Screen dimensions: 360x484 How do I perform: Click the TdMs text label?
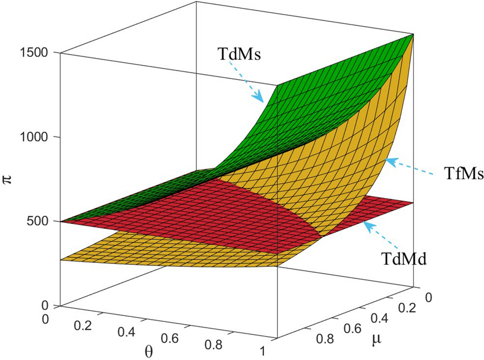tap(240, 54)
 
